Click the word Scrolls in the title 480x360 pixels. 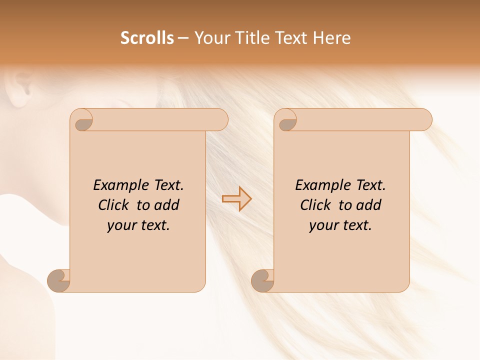click(147, 38)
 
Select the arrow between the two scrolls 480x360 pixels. click(236, 198)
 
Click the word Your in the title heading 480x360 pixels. click(211, 38)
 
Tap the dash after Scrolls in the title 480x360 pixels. click(183, 38)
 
